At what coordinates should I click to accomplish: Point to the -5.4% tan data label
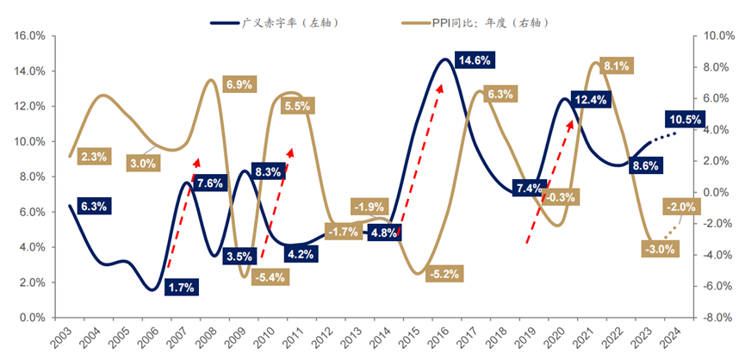pos(271,277)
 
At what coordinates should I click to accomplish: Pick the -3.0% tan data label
pos(660,249)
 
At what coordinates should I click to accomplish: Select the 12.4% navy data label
pos(588,100)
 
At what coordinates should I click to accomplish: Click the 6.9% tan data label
pos(238,84)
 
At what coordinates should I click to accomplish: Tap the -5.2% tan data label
pos(445,274)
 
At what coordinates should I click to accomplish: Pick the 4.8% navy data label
pos(383,233)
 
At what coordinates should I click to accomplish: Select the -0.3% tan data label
pos(562,197)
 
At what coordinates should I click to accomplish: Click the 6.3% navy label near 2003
pos(92,207)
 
